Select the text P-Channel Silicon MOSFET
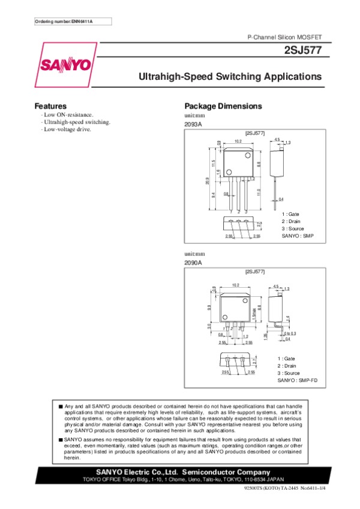point(285,37)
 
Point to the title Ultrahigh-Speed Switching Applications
point(230,77)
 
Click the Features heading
point(50,106)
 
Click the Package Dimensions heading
point(223,106)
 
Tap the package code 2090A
point(193,263)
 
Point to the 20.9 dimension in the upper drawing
point(207,181)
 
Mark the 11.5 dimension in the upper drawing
point(213,164)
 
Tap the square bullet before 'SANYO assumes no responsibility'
point(61,439)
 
